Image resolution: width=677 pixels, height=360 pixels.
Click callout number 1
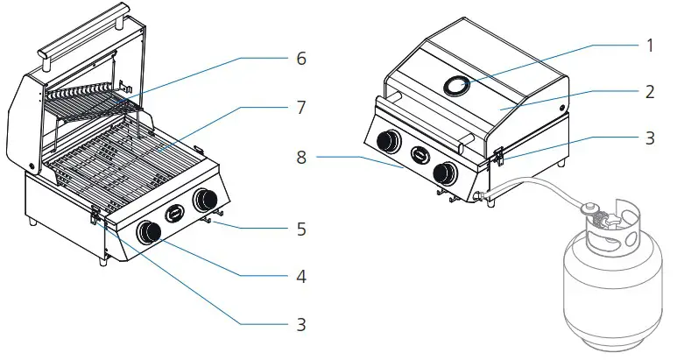(x=648, y=46)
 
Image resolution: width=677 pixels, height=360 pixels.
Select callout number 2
(x=648, y=90)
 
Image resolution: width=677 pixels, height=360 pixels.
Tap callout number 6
(x=300, y=59)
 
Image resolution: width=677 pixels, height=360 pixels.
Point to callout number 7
(x=300, y=107)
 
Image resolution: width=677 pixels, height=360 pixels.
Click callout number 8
(x=302, y=158)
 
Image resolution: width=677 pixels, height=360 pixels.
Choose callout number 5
(x=300, y=231)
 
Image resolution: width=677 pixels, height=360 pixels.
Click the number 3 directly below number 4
(x=300, y=324)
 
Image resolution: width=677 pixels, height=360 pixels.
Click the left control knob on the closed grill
(x=386, y=142)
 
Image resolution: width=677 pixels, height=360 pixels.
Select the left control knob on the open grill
(x=150, y=232)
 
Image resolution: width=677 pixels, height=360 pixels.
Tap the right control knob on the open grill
(x=208, y=200)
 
